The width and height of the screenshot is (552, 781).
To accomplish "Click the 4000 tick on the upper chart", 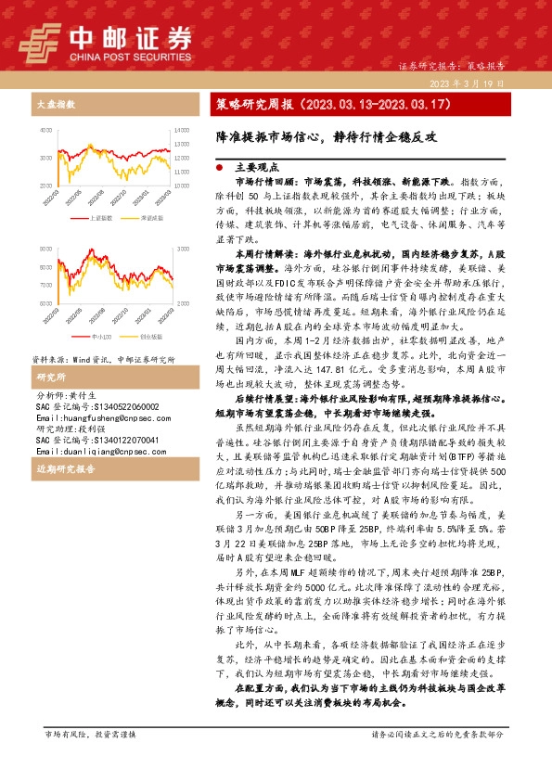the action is [46, 128].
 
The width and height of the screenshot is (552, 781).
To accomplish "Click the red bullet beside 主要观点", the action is [219, 169].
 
